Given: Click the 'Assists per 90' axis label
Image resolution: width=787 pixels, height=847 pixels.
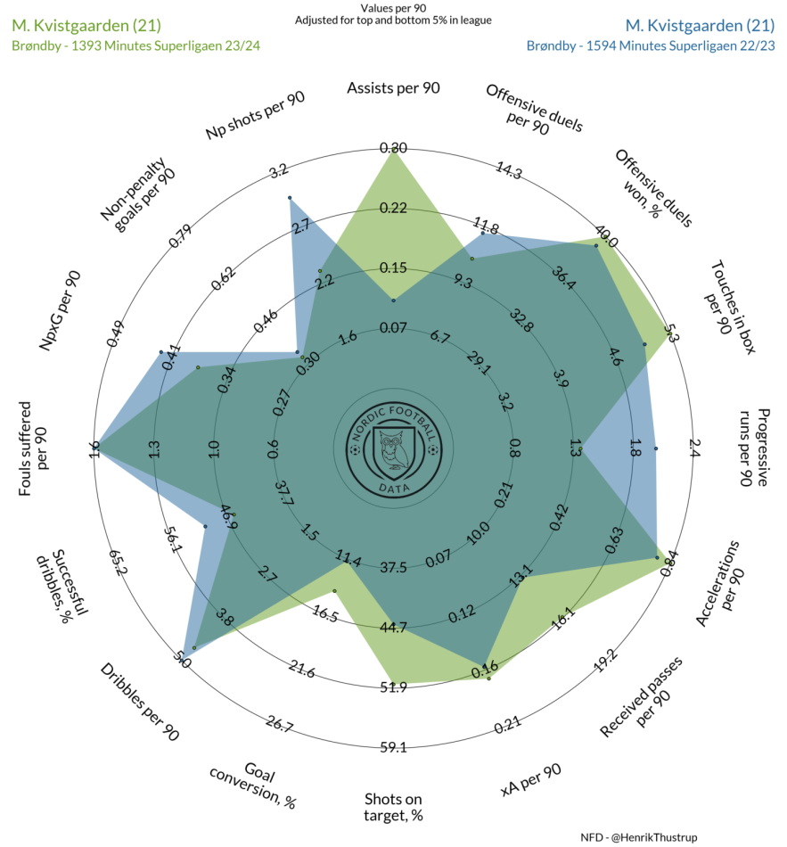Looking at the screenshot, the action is click(393, 88).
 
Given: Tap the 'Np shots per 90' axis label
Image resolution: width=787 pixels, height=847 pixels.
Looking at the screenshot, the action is click(255, 115).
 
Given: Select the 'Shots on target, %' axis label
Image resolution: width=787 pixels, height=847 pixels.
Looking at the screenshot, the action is click(393, 807).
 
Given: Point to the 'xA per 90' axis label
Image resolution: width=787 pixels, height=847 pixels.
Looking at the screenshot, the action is click(531, 780).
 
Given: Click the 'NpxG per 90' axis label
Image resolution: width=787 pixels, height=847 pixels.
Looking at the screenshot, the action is click(60, 310).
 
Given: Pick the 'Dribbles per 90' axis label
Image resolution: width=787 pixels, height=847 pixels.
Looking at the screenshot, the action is click(139, 702).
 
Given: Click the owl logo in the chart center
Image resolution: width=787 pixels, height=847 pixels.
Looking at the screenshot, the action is click(394, 448).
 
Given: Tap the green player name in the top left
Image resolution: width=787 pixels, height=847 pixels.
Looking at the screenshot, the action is click(86, 25).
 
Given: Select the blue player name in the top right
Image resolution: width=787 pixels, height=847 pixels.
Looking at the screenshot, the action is click(700, 25).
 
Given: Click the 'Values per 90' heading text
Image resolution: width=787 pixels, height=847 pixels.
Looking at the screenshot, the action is click(393, 8).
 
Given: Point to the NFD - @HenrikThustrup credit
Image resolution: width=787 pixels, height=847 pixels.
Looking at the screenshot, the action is click(639, 837).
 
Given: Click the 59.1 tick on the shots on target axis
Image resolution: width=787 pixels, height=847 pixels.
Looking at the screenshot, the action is click(393, 747).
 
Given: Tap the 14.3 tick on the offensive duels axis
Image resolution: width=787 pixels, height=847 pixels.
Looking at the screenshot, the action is click(509, 170).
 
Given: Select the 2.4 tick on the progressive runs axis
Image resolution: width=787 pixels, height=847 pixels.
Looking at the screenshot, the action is click(694, 448).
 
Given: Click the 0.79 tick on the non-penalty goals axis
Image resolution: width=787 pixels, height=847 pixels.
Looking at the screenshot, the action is click(180, 236).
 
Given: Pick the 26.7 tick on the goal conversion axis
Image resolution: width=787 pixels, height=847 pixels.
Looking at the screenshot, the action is click(279, 724).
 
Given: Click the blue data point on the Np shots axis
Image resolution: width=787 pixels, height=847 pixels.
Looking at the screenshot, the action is click(290, 198).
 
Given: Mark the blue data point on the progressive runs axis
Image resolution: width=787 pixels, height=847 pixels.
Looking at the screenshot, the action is click(656, 448).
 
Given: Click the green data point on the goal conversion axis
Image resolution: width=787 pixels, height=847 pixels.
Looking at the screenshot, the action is click(334, 591).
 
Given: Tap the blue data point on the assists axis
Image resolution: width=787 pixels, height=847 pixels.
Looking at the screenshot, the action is click(394, 300).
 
